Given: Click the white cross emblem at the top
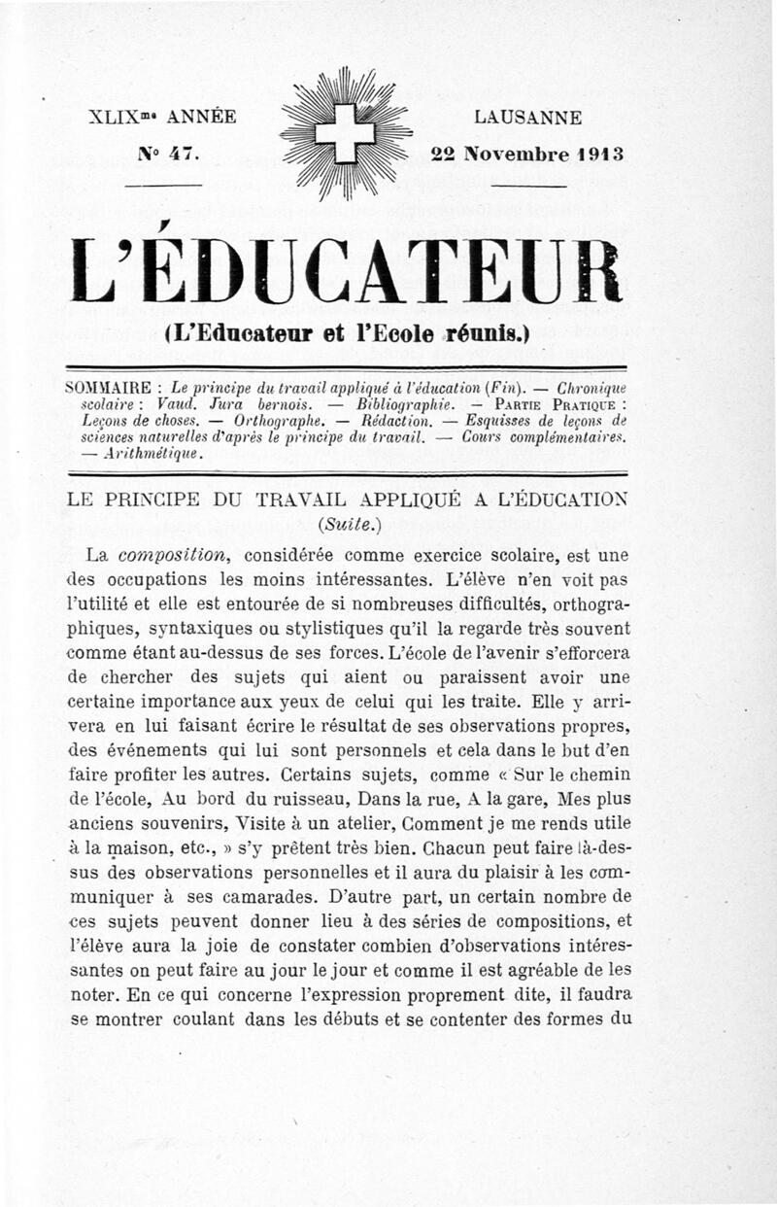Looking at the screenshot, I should pyautogui.click(x=345, y=132).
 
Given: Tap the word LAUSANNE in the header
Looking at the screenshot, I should pyautogui.click(x=527, y=119).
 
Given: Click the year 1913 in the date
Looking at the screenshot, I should pyautogui.click(x=595, y=154).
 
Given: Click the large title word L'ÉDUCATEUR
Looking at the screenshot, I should pyautogui.click(x=346, y=269).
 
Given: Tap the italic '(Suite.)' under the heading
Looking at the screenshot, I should pyautogui.click(x=345, y=527).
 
